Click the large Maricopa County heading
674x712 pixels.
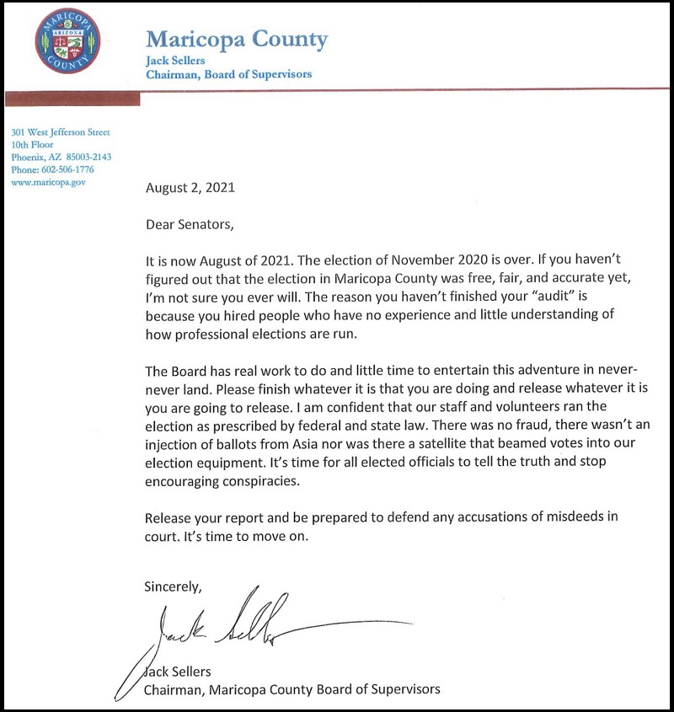pos(237,40)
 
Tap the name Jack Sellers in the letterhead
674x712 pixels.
pos(175,61)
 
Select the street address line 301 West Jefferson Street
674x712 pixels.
pos(61,132)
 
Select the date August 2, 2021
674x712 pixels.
pos(190,188)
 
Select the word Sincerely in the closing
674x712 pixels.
pos(174,584)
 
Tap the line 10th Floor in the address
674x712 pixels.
pos(32,145)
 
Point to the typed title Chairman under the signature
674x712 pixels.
pos(175,689)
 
